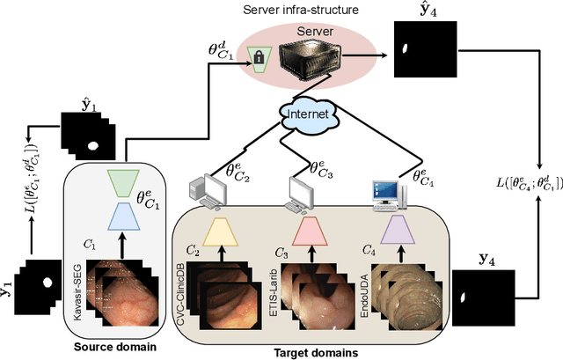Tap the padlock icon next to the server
coord(260,59)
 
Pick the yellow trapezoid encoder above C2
coord(222,231)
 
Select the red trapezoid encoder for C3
coord(311,231)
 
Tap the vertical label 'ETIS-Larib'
coord(275,295)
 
